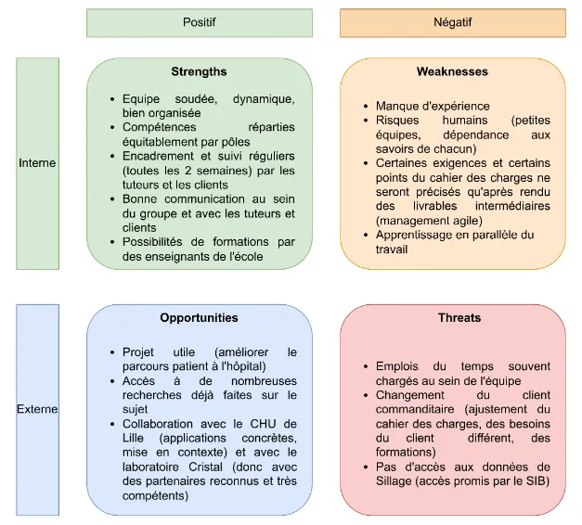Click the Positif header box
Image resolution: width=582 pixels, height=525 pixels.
click(199, 22)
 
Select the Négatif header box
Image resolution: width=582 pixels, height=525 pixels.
click(452, 22)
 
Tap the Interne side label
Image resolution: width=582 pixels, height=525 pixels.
click(37, 163)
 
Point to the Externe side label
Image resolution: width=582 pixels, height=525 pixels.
click(37, 408)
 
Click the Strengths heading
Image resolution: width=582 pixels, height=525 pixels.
click(199, 71)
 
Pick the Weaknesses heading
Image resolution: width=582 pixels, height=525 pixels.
click(452, 71)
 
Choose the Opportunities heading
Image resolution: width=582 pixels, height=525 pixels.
click(199, 317)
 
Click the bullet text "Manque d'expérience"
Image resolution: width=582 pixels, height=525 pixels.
click(433, 107)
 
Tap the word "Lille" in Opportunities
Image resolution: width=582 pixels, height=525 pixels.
click(136, 438)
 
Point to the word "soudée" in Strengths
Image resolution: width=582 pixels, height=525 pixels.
click(186, 99)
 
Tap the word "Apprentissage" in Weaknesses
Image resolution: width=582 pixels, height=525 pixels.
click(415, 236)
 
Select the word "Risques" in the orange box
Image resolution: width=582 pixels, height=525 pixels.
click(397, 122)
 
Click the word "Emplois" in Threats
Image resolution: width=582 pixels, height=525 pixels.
click(397, 366)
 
